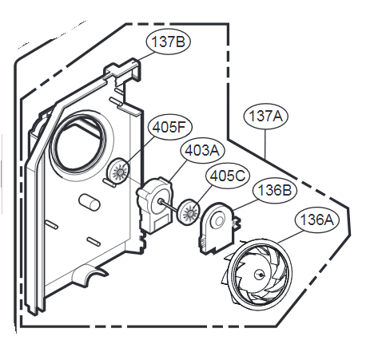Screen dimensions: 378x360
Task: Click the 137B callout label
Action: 168,42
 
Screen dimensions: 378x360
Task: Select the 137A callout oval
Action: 265,117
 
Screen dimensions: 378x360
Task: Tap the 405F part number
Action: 169,128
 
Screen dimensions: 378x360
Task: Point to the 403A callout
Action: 202,151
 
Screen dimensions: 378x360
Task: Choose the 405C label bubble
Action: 228,176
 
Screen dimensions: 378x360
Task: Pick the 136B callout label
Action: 275,191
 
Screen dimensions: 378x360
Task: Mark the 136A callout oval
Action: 317,220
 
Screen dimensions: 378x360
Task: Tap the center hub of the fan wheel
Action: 260,275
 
